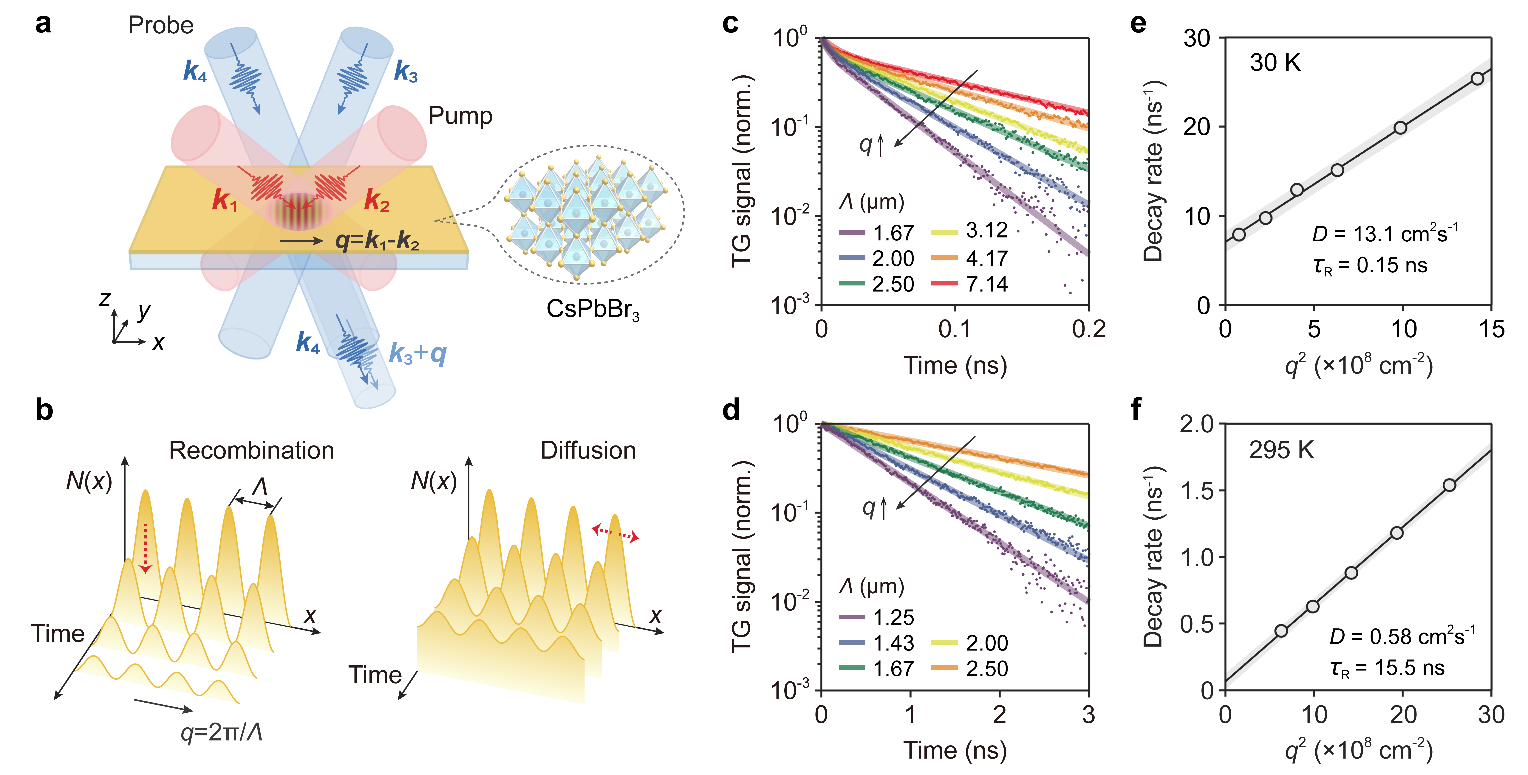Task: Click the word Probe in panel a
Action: (161, 26)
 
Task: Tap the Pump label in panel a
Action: (460, 116)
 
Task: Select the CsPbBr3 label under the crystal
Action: (593, 310)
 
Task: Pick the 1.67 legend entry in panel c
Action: (877, 232)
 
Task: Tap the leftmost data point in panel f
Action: (1281, 630)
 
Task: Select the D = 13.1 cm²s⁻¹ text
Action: (1385, 234)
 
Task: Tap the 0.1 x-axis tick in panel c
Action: (955, 329)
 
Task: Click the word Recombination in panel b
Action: (251, 451)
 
